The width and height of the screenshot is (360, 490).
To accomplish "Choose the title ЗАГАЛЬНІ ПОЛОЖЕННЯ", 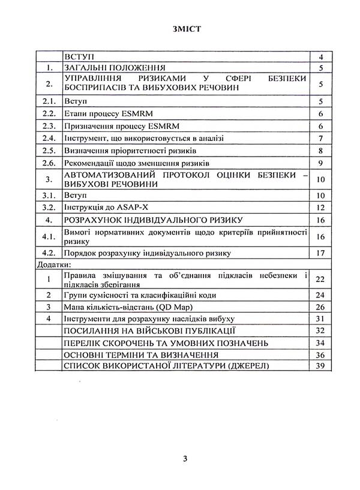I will click(x=113, y=68).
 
